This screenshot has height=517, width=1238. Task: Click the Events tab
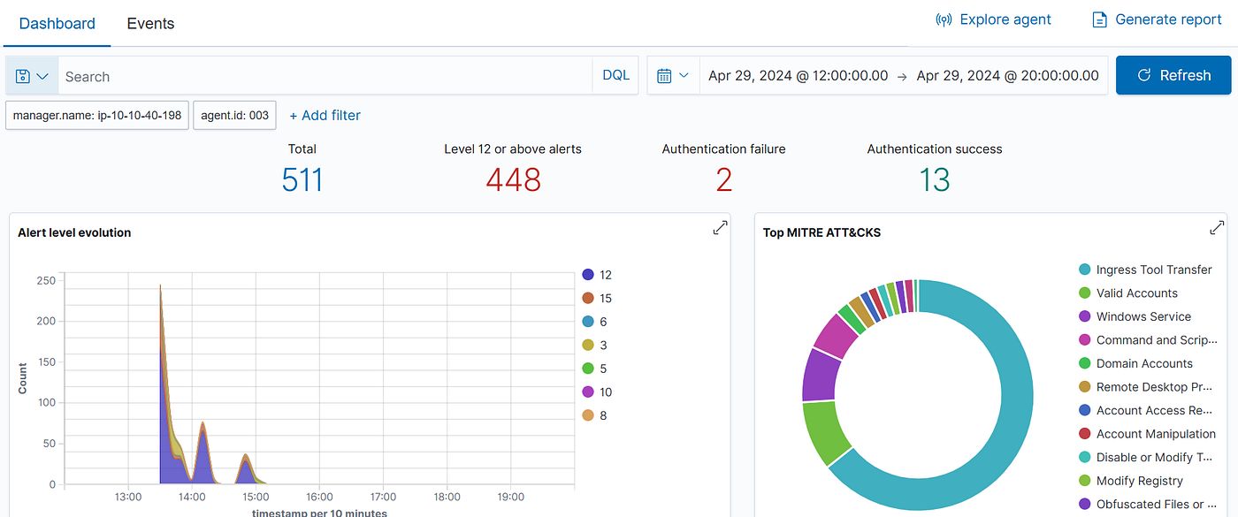point(150,23)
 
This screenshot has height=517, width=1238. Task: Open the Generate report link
point(1157,19)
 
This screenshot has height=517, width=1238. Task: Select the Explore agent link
point(993,19)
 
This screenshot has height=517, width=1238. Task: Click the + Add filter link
point(325,115)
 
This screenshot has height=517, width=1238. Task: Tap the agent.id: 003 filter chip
point(234,115)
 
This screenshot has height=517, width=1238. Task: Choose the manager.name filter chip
point(97,115)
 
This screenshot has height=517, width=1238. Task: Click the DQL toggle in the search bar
point(615,75)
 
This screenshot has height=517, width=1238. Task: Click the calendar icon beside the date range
point(664,76)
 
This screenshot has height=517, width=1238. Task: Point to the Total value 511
point(302,179)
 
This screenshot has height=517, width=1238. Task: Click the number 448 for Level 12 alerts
point(513,179)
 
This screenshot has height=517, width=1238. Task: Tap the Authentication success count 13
point(934,179)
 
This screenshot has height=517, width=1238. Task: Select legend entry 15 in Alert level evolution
point(597,299)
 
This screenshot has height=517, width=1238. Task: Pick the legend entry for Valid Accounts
point(1128,293)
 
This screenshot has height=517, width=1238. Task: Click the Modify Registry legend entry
point(1131,481)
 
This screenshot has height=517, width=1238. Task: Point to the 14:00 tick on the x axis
point(192,497)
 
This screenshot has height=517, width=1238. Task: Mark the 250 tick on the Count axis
point(46,281)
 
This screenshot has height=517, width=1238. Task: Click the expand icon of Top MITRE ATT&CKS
point(1217,228)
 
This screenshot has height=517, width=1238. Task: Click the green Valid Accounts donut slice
point(826,432)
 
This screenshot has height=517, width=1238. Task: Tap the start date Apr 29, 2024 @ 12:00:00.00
point(798,76)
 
